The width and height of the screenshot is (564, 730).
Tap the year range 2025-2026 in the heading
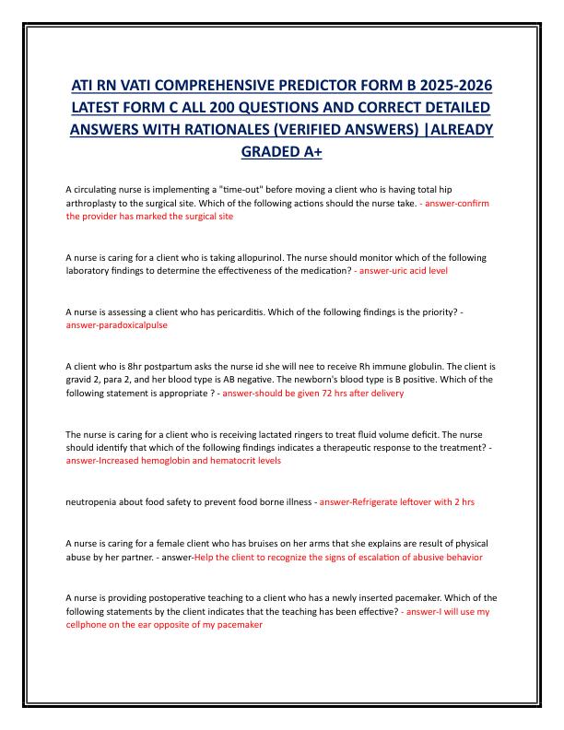(446, 86)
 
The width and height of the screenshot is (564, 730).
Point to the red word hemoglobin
(177, 460)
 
